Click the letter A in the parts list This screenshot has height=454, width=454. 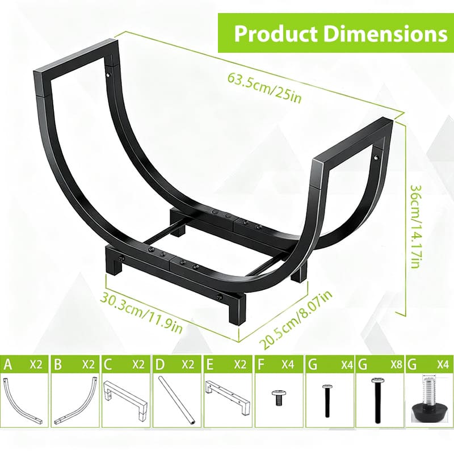click(8, 364)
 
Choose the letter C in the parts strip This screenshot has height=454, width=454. click(109, 364)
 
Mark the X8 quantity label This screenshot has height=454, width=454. click(392, 364)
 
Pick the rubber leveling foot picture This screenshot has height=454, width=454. click(430, 400)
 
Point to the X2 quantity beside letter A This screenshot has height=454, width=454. click(37, 364)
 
